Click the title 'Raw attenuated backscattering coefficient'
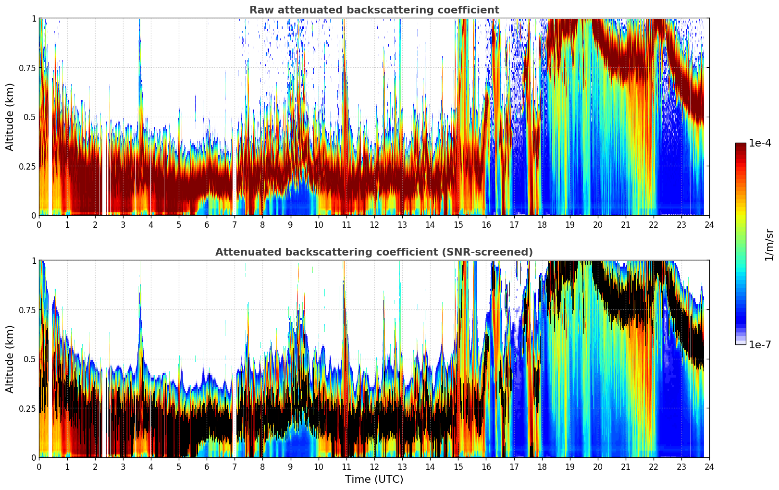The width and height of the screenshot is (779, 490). tap(374, 10)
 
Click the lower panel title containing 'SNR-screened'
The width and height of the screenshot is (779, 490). tap(374, 252)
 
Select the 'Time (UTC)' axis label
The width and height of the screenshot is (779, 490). tap(374, 479)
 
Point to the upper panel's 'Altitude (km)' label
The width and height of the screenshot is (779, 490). tap(10, 117)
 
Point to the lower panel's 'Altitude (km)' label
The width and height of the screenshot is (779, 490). tap(10, 359)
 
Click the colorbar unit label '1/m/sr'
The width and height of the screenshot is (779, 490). tap(769, 245)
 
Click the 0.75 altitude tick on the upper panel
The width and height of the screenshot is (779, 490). tap(27, 68)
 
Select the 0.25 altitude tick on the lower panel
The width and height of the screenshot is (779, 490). tap(27, 408)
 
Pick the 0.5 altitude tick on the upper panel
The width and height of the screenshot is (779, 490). tap(30, 117)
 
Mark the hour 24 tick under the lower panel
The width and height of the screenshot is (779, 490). tap(709, 466)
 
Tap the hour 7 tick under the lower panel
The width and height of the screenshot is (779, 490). tap(235, 466)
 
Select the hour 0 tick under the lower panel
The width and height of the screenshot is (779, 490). tap(39, 466)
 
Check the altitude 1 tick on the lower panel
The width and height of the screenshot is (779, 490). tap(34, 261)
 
